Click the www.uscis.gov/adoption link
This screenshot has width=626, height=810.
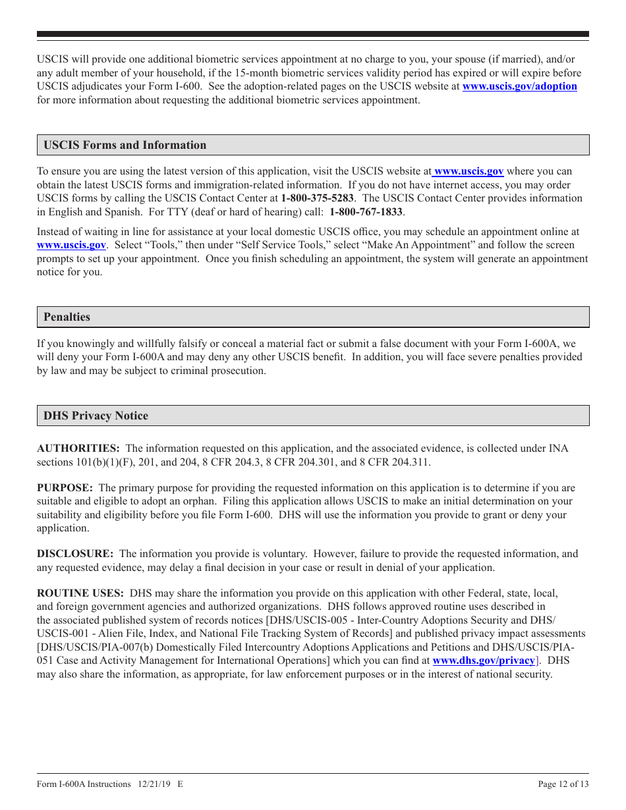pos(519,86)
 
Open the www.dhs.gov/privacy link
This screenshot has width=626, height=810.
pos(483,660)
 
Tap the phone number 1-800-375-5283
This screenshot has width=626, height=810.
pos(317,198)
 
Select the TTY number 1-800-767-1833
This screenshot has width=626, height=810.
pos(366,212)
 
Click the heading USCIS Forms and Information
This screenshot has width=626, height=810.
pos(125,145)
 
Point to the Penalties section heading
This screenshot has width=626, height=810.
pos(67,317)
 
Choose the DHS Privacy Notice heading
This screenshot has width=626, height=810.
pos(96,416)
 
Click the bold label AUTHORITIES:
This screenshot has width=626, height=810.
pos(78,448)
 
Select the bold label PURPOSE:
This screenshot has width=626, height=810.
pos(65,488)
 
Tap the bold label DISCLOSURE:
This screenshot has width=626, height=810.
pos(75,554)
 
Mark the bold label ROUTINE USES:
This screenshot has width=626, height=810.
pos(80,593)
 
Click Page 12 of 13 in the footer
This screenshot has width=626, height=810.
pos(563,784)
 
